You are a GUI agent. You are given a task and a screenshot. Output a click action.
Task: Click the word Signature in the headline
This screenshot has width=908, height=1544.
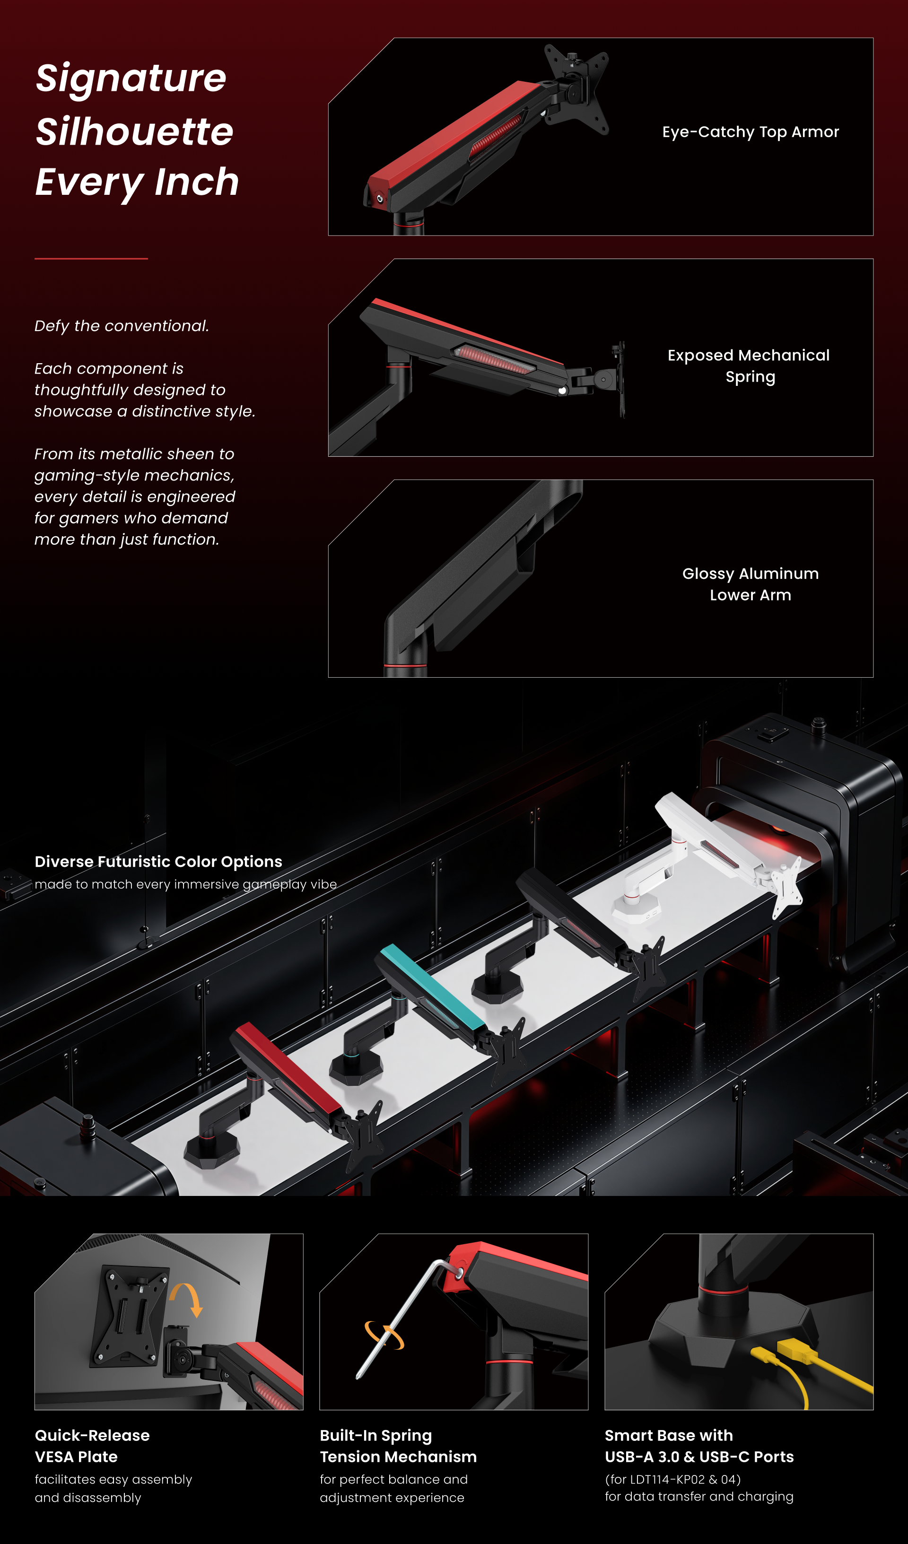[131, 79]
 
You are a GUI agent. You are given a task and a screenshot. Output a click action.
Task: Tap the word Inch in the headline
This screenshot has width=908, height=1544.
[197, 182]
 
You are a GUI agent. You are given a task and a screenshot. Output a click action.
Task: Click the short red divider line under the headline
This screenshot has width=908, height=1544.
[91, 259]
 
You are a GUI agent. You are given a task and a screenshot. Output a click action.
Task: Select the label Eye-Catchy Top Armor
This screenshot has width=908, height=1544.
[751, 132]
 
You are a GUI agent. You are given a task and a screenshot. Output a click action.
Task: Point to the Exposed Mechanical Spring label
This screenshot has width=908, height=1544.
[749, 366]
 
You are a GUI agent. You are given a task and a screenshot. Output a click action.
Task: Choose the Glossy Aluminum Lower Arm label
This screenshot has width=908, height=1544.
[751, 584]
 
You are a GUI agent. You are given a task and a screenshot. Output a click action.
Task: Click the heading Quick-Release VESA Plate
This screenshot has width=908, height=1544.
[92, 1446]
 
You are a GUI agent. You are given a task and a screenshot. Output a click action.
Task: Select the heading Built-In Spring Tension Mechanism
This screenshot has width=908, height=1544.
[398, 1446]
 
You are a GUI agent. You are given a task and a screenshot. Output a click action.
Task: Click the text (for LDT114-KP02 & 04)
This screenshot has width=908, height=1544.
[673, 1479]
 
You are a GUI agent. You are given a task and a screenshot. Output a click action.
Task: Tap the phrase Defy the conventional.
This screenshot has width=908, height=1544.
[122, 326]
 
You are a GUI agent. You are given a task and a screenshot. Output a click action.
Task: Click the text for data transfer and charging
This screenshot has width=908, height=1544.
[699, 1496]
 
